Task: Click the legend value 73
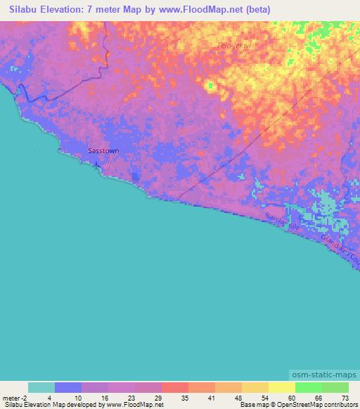pos(345,398)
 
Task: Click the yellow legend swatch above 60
pos(281,387)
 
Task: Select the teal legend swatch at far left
pos(41,387)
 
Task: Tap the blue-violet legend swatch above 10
pos(67,387)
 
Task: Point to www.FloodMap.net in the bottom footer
pos(134,405)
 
